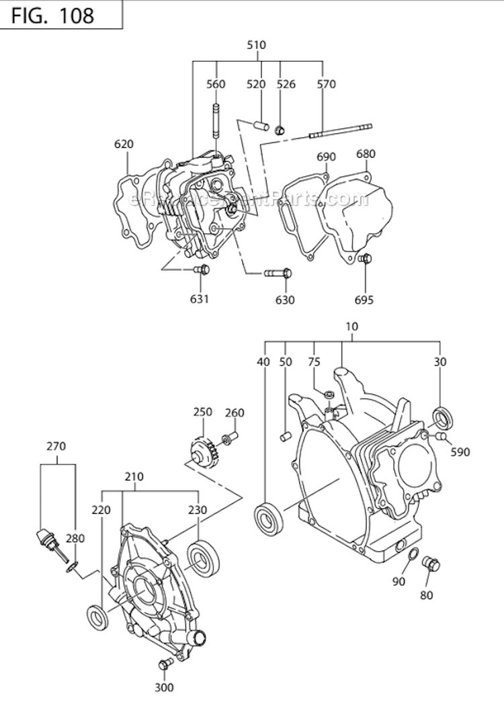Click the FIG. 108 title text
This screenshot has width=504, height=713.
coord(52,15)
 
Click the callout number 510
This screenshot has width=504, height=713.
coord(257,46)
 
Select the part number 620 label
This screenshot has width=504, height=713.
coord(124,144)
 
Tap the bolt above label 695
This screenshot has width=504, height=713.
coord(366,258)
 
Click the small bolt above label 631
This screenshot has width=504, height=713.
coord(200,269)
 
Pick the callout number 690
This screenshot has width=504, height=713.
coord(325,157)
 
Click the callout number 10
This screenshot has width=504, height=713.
coord(352,327)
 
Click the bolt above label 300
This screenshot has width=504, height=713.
coord(163,665)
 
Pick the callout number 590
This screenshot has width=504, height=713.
coord(460,452)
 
